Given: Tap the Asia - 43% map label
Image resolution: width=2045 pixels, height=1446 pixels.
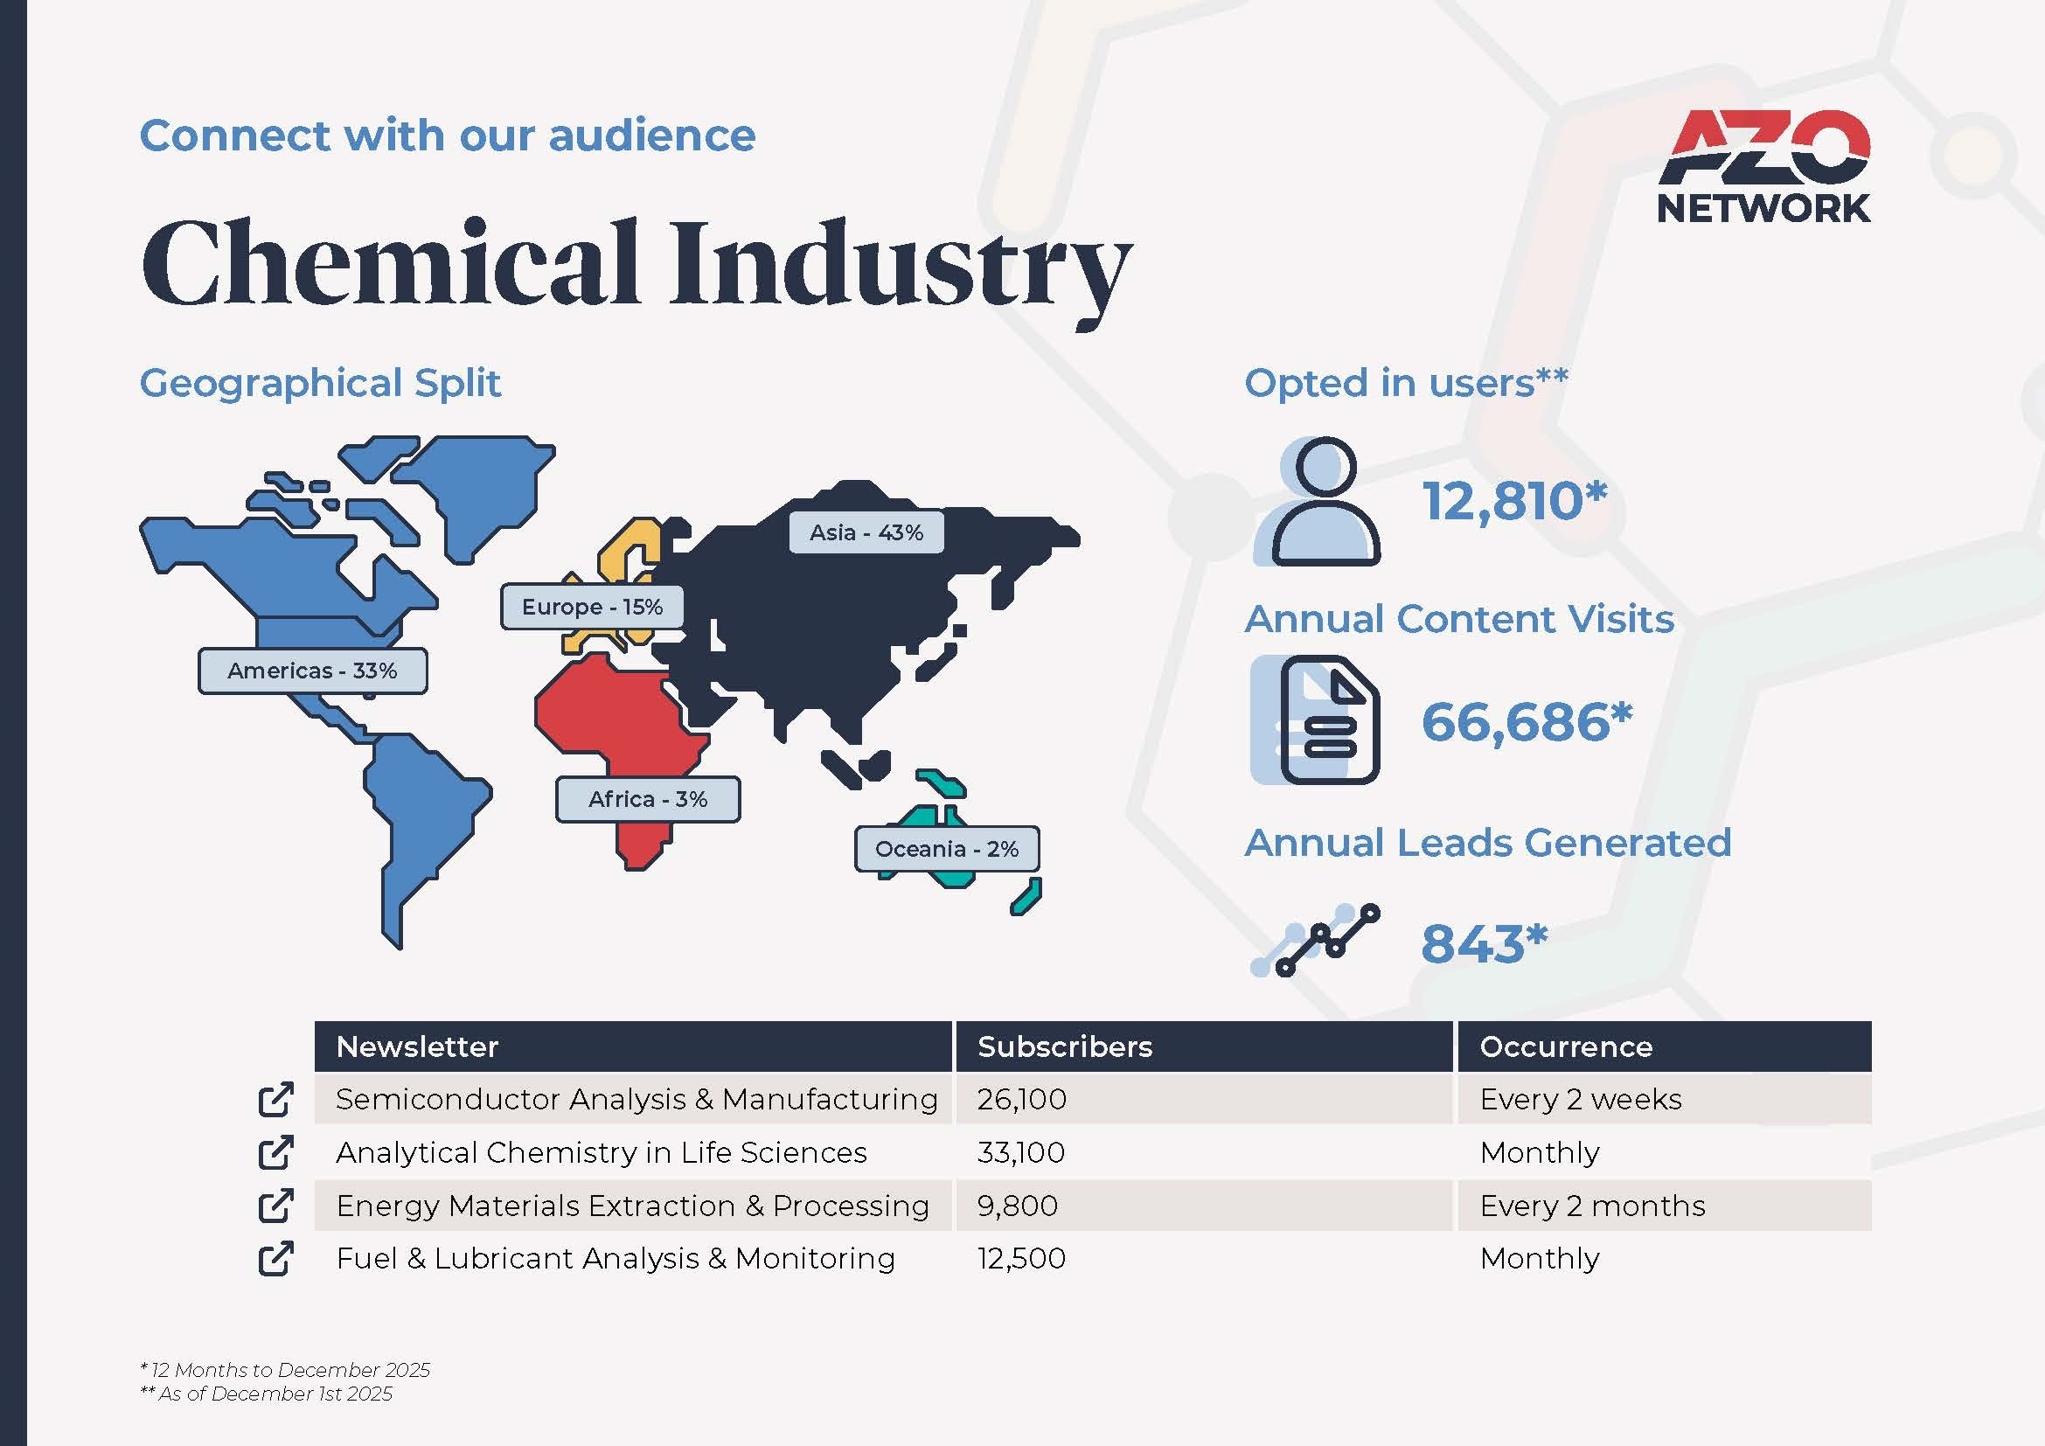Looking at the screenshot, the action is click(x=866, y=532).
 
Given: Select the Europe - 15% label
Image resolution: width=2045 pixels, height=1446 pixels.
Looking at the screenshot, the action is click(x=592, y=608).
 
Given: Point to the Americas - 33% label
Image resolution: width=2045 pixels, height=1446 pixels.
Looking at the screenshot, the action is click(x=313, y=671).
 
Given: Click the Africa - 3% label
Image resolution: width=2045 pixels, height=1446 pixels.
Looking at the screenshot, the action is click(x=648, y=799).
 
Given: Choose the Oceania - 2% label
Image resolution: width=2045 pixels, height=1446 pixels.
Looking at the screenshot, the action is click(x=947, y=849).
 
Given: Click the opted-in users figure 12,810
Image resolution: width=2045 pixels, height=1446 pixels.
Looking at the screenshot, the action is click(x=1514, y=500).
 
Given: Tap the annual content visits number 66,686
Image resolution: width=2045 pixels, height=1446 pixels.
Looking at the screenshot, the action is click(x=1527, y=721).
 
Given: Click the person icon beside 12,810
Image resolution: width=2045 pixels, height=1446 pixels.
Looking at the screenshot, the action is click(x=1318, y=501).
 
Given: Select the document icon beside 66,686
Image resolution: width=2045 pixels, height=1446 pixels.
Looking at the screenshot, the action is click(x=1316, y=720).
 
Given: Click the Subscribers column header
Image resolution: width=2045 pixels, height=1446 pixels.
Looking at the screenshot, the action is click(x=1064, y=1046).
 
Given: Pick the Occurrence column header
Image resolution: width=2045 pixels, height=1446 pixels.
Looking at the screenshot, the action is click(x=1566, y=1046).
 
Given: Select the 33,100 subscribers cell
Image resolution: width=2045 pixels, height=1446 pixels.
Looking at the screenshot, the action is click(x=1020, y=1152).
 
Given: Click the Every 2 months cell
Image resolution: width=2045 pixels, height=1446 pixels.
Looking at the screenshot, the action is click(x=1592, y=1206).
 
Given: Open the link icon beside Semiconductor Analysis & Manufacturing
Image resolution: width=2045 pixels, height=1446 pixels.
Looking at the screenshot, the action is click(x=276, y=1099).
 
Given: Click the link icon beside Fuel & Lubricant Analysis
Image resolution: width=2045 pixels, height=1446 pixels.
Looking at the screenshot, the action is click(x=276, y=1258).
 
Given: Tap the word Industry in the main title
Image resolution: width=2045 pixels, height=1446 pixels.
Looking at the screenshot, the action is click(x=901, y=268).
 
